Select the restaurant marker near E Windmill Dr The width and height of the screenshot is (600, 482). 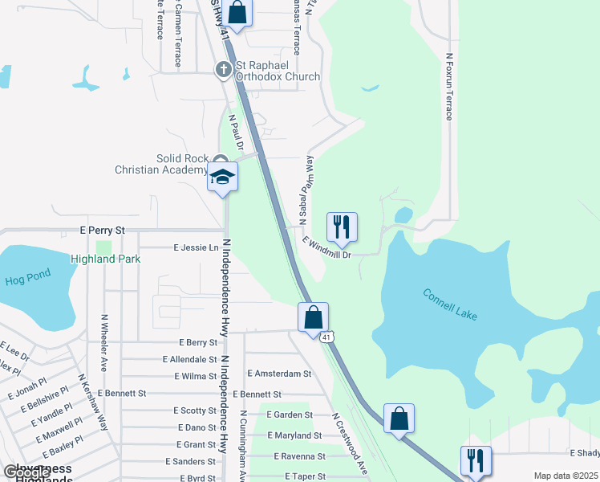click(342, 227)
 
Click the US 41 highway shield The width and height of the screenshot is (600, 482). click(326, 337)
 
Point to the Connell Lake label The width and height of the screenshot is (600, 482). click(450, 304)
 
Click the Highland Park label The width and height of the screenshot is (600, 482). click(105, 259)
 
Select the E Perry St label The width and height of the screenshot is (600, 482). click(103, 230)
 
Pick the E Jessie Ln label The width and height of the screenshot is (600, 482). click(196, 248)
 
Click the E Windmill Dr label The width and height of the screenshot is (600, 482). click(326, 247)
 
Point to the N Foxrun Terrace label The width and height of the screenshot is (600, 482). click(449, 87)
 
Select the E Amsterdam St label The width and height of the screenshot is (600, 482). click(278, 374)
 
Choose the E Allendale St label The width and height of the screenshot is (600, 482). click(189, 359)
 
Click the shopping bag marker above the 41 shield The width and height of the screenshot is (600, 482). click(314, 317)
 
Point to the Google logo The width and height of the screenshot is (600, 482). click(26, 472)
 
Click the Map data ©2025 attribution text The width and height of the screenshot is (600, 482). click(565, 476)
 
